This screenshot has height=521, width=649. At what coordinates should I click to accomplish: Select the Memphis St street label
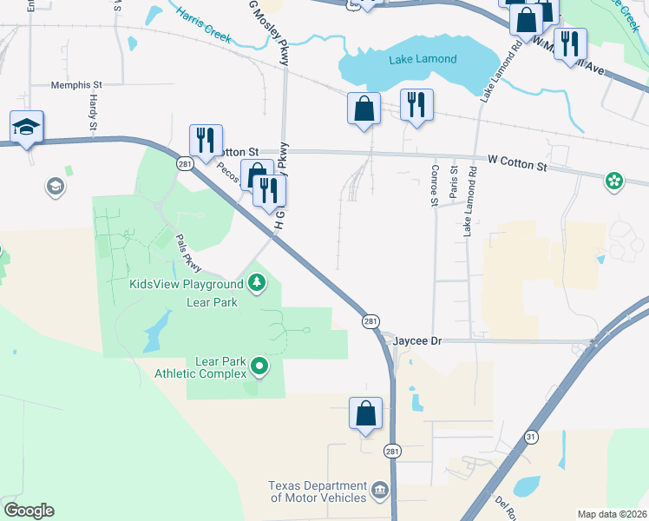click(x=76, y=85)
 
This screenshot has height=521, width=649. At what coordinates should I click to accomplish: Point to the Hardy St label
click(x=93, y=111)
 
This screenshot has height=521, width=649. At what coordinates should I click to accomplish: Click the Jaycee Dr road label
click(x=418, y=341)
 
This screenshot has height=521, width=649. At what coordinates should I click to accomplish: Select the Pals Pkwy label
click(x=189, y=254)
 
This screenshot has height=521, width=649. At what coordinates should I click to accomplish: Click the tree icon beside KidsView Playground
click(x=257, y=283)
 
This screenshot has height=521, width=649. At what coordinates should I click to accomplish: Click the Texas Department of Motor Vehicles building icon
click(x=379, y=491)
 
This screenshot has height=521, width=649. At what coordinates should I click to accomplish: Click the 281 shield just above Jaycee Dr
click(x=370, y=321)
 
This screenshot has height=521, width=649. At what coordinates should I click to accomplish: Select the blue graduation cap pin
click(x=26, y=127)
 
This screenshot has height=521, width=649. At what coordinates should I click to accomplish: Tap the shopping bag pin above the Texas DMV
click(x=365, y=413)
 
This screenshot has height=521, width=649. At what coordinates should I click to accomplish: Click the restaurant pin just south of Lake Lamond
click(x=416, y=105)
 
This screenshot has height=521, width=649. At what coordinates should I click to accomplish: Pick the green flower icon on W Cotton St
click(x=614, y=181)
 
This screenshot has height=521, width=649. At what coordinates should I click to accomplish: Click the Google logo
click(x=29, y=511)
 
